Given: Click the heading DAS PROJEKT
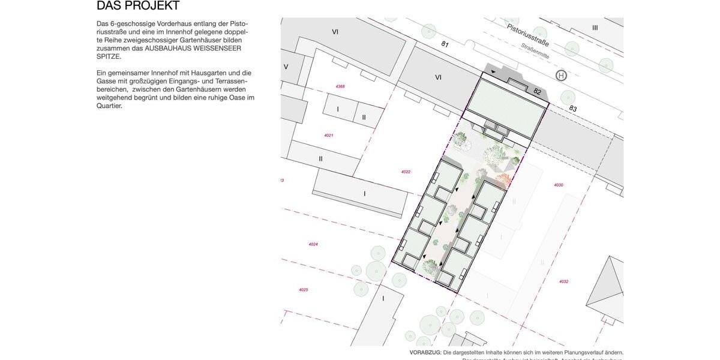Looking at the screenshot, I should (138, 6).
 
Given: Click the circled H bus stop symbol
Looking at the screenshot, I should (561, 76).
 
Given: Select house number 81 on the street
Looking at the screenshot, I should (445, 44).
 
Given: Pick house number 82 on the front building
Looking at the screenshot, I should (537, 92).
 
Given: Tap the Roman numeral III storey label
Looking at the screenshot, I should (595, 28).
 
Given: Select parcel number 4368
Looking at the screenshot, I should (340, 87).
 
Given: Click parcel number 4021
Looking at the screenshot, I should (328, 136).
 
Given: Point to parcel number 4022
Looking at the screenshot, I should (406, 172).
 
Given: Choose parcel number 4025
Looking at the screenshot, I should (303, 290).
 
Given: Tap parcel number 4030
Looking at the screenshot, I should (559, 185).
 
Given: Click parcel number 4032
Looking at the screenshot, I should (563, 281).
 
